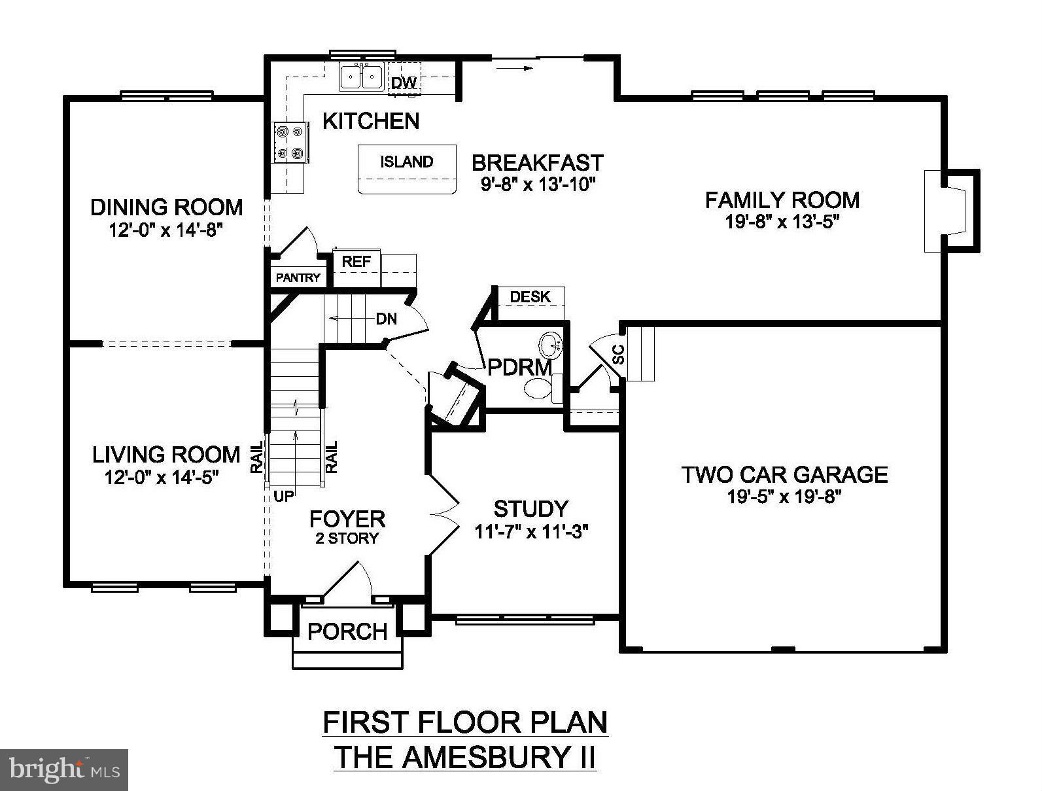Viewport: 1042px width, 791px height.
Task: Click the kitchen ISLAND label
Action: [x=406, y=162]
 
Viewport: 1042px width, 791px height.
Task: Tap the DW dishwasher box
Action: [x=404, y=79]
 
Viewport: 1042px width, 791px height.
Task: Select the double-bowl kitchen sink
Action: [x=361, y=77]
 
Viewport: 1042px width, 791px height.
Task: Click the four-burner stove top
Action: [x=290, y=143]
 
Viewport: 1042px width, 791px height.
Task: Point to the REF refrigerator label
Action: [x=356, y=261]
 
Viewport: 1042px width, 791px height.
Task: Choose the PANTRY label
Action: [x=298, y=278]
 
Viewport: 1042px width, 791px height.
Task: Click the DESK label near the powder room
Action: [x=530, y=297]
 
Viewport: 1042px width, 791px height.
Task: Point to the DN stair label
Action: [x=387, y=319]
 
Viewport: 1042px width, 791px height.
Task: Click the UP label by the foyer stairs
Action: [x=283, y=497]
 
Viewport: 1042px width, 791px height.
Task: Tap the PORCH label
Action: [x=347, y=631]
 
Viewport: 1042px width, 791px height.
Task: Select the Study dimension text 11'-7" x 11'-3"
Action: [x=531, y=532]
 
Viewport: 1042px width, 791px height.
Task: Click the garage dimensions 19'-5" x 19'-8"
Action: [x=784, y=497]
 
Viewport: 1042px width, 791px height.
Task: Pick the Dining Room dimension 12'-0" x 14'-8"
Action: [x=166, y=230]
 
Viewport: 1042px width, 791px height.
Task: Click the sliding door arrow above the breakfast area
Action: [x=515, y=68]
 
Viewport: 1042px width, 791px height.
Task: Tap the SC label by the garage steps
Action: [x=618, y=354]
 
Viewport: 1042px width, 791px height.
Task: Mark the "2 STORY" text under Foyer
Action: [x=347, y=538]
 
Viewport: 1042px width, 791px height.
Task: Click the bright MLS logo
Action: [x=64, y=769]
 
